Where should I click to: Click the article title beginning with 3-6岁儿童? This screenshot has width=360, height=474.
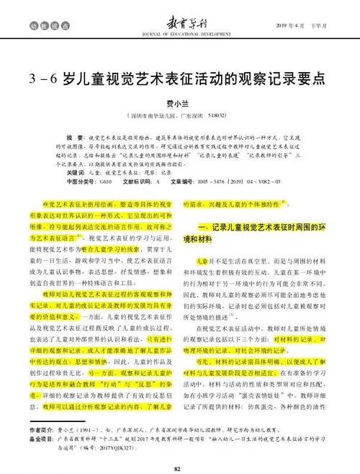pos(180,77)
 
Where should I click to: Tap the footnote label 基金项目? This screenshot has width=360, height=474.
pos(42,439)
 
